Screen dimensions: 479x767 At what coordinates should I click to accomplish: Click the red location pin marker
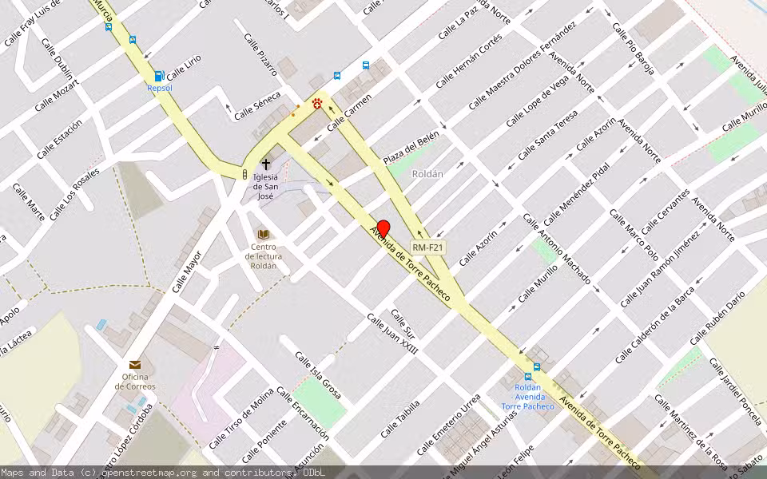point(383,229)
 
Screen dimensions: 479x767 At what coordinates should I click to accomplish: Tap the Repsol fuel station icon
point(159,77)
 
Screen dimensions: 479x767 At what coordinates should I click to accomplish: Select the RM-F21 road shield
point(428,247)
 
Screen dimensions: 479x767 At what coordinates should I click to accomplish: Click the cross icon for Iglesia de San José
point(266,164)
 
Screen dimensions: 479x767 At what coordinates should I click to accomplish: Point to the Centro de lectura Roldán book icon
point(264,234)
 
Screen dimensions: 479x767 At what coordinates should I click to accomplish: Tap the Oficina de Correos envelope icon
point(135,364)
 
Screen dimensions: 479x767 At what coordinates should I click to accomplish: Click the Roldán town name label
point(427,173)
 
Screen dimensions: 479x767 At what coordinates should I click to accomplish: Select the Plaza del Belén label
point(411,146)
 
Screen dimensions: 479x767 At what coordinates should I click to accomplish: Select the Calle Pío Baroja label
point(633,49)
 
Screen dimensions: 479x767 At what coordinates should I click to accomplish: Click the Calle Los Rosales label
point(74,195)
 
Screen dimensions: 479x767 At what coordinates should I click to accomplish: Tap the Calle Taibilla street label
point(399,418)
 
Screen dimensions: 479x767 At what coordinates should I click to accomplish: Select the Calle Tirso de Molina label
point(242,423)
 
